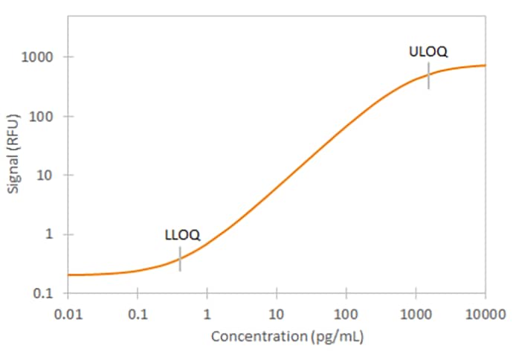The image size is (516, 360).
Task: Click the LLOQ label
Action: click(x=182, y=235)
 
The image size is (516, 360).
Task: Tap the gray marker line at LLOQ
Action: click(x=180, y=259)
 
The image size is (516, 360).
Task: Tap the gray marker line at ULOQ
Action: click(x=428, y=76)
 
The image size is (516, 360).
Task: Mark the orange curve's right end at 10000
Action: click(x=485, y=65)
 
